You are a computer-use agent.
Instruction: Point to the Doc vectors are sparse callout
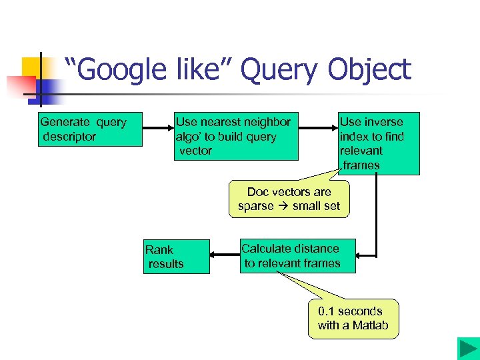click(289, 199)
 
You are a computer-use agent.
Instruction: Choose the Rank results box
click(176, 257)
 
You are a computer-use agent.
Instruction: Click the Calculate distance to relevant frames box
click(297, 256)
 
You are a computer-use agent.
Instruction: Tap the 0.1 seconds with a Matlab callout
click(353, 319)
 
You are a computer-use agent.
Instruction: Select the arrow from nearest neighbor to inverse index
click(319, 129)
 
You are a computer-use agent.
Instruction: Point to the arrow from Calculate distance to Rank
click(225, 255)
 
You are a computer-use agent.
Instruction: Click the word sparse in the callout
click(256, 206)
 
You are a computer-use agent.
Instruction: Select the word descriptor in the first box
click(70, 137)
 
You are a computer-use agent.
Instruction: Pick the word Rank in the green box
click(159, 250)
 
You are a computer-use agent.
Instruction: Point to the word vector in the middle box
click(195, 151)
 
